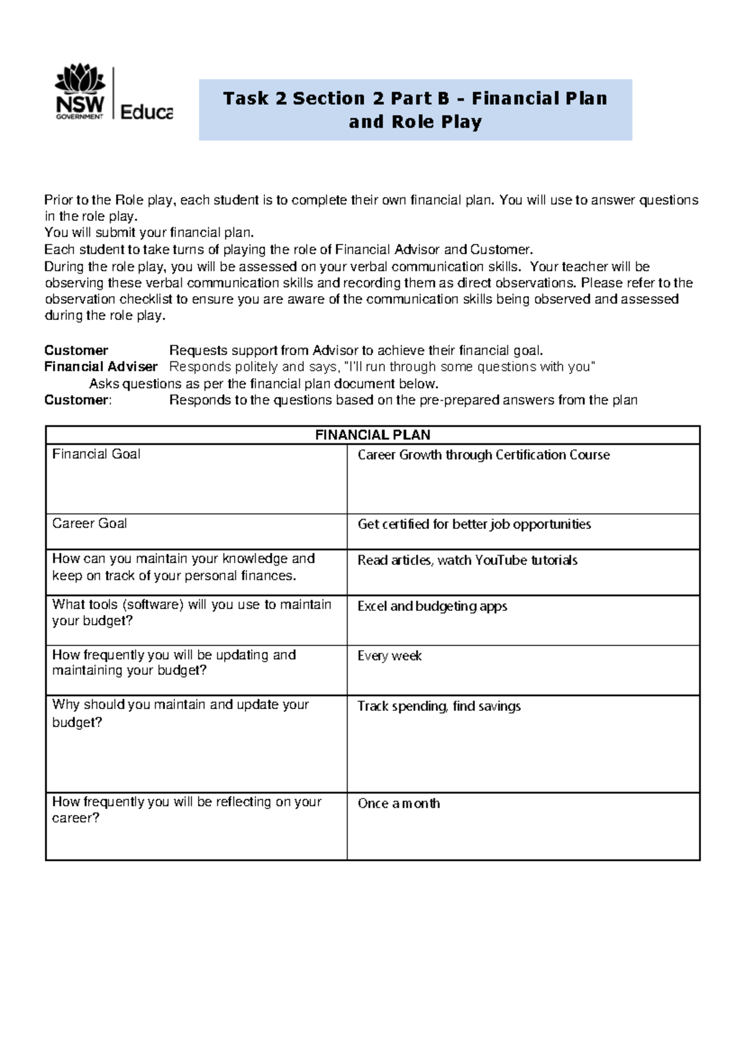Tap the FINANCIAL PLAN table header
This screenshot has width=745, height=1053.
(x=372, y=435)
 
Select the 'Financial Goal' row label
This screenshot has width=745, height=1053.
(x=96, y=454)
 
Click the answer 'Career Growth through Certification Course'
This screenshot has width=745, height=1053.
(x=484, y=455)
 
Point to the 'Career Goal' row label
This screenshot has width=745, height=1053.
(x=89, y=523)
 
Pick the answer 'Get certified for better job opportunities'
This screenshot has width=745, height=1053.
(x=474, y=525)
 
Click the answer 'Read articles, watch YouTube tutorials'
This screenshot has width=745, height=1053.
(x=467, y=561)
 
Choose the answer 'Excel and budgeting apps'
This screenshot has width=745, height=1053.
(x=432, y=607)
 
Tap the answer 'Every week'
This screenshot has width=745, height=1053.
(x=389, y=656)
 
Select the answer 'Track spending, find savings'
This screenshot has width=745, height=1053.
(x=439, y=707)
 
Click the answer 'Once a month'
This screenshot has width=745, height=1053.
(x=399, y=803)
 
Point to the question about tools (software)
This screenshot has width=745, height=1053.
(x=191, y=612)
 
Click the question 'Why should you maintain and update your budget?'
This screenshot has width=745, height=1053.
(x=180, y=713)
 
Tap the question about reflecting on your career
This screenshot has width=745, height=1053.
(x=186, y=810)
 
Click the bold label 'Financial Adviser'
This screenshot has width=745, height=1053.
(x=101, y=366)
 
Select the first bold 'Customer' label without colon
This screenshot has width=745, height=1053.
(x=76, y=350)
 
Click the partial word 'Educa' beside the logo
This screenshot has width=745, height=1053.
(x=146, y=112)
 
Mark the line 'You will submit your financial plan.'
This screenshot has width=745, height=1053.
(x=149, y=233)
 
